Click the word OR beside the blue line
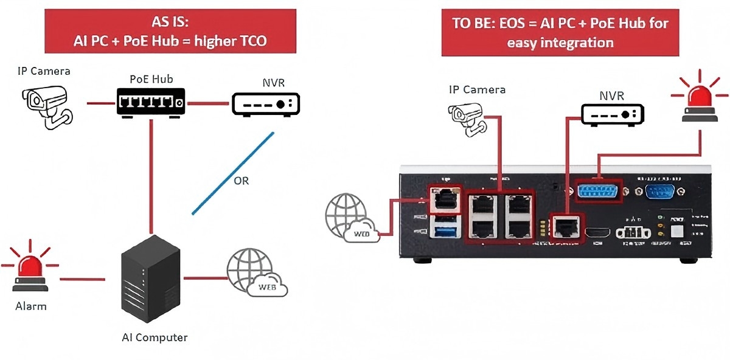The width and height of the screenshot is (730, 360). (241, 181)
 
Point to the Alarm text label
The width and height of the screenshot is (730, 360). (31, 306)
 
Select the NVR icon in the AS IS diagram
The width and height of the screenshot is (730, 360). (266, 103)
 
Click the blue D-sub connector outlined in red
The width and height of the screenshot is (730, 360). (597, 190)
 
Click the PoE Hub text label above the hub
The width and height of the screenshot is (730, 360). (151, 79)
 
